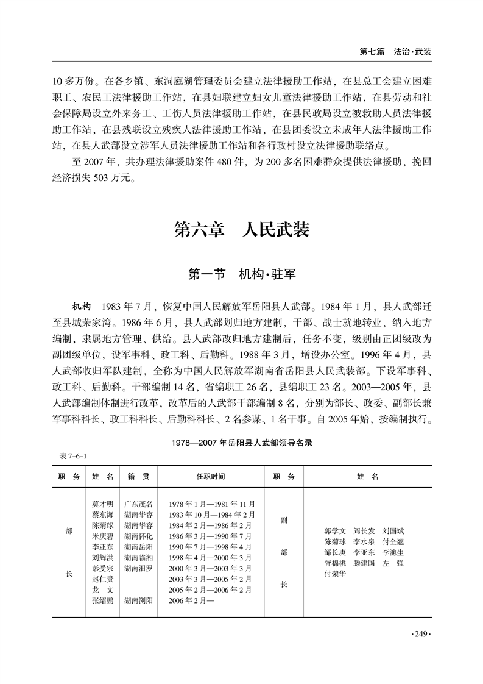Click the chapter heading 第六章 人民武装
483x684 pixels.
pyautogui.click(x=242, y=230)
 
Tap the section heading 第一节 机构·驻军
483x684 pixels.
pyautogui.click(x=242, y=274)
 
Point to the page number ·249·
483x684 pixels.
pyautogui.click(x=421, y=635)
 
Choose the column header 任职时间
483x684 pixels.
pyautogui.click(x=211, y=476)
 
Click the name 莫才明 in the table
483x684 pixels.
pyautogui.click(x=102, y=504)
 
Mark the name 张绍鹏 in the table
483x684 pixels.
pyautogui.click(x=102, y=600)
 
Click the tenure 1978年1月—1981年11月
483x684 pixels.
pyautogui.click(x=211, y=504)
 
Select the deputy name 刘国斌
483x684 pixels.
pyautogui.click(x=402, y=531)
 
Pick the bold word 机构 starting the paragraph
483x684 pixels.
pyautogui.click(x=82, y=306)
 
